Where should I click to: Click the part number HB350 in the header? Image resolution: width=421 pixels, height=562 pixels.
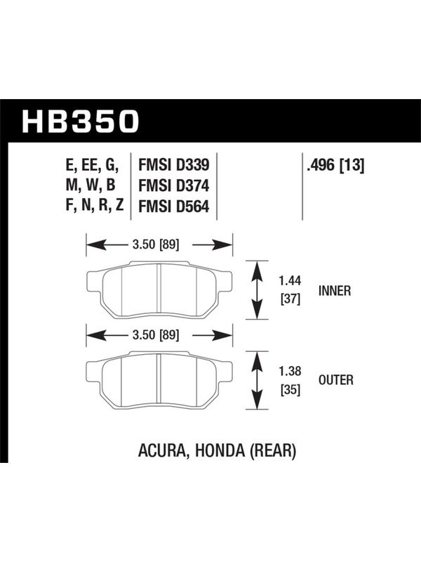tap(80, 121)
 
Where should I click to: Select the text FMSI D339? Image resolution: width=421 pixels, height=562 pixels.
tap(173, 165)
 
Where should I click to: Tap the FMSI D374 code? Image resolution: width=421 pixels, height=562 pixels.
tap(173, 186)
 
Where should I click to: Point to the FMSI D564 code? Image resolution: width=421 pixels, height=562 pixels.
tap(173, 207)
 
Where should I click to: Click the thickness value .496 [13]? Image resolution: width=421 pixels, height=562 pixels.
tap(335, 166)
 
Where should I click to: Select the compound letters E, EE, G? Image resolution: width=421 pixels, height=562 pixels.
tap(92, 165)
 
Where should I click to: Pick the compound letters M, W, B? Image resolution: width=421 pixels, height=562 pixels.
tap(91, 185)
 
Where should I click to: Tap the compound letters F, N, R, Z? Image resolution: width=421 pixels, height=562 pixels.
tap(95, 205)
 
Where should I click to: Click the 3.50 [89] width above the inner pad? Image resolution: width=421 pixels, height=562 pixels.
tap(156, 244)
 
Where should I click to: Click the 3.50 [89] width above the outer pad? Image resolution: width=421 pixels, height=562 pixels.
tap(156, 335)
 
